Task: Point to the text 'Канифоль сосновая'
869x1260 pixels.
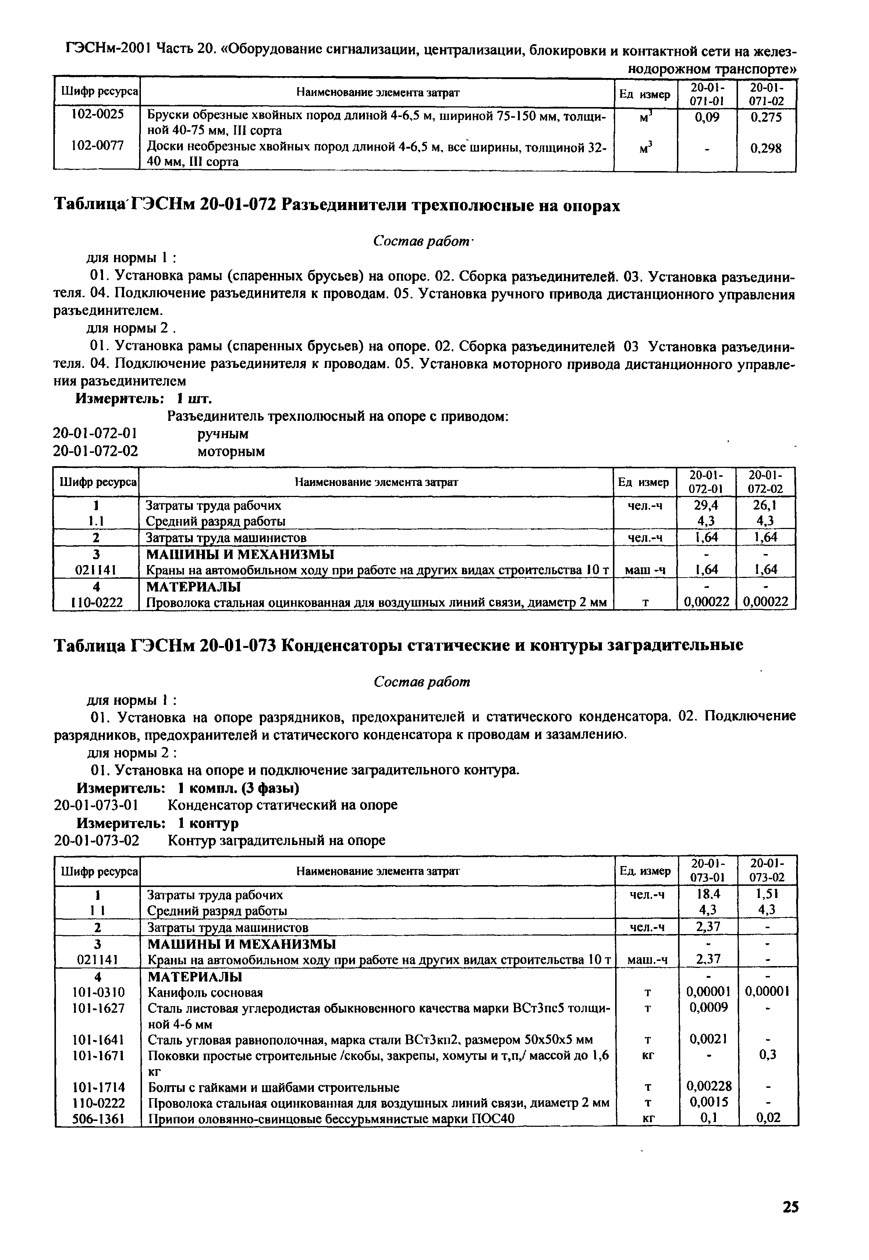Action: coord(205,992)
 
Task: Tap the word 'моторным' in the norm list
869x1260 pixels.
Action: coord(231,451)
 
